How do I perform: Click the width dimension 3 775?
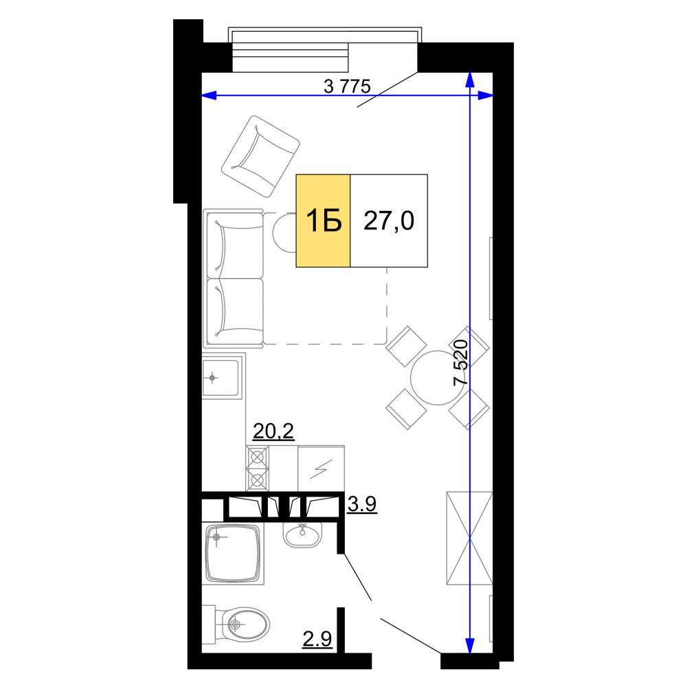[x=347, y=87]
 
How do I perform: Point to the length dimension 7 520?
[x=461, y=363]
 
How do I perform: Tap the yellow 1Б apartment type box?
[x=324, y=221]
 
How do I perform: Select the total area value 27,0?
[x=389, y=221]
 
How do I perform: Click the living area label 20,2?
[x=273, y=431]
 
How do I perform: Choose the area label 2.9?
[x=317, y=639]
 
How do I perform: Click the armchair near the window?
[x=260, y=157]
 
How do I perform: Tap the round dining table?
[x=437, y=378]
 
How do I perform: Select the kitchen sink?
[x=222, y=377]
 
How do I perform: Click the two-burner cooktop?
[x=257, y=469]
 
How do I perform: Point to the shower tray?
[x=234, y=554]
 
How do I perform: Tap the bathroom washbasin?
[x=302, y=534]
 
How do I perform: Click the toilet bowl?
[x=239, y=624]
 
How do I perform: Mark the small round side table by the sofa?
[x=285, y=233]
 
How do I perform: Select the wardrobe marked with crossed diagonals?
[x=469, y=538]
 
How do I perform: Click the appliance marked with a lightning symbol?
[x=321, y=469]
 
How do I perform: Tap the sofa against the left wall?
[x=234, y=279]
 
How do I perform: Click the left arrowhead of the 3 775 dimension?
[x=209, y=95]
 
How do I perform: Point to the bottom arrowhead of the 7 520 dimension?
[x=470, y=645]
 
